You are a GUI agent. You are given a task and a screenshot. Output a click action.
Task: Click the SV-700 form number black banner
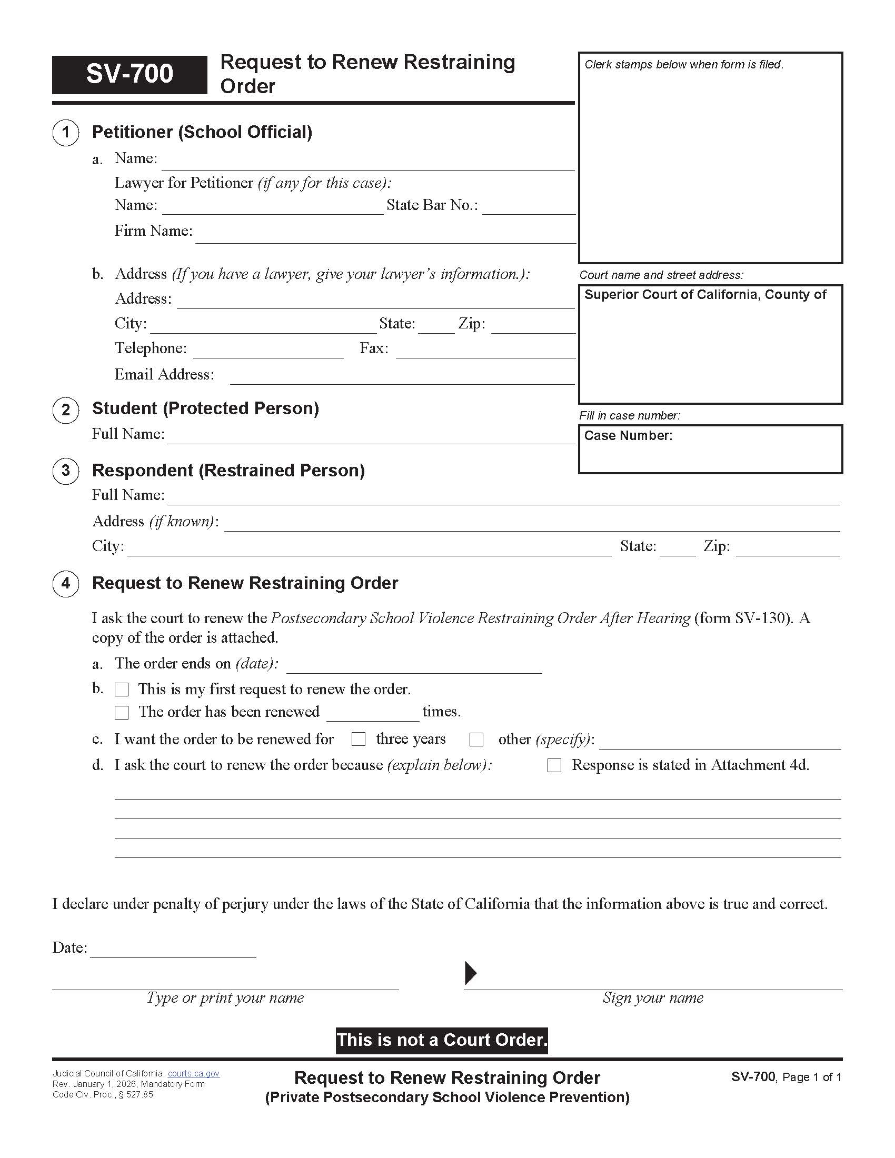pos(130,74)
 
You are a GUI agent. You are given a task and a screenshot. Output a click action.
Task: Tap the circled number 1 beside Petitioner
pos(66,132)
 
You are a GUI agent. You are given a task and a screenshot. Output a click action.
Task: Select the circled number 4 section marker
pos(66,584)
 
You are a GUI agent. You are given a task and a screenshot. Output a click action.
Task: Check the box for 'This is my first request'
pos(122,690)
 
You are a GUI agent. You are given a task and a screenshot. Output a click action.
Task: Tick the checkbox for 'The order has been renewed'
pos(122,713)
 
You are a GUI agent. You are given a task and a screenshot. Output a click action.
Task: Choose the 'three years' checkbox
pos(359,739)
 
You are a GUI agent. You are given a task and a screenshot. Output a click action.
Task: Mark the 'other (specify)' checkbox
pos(476,740)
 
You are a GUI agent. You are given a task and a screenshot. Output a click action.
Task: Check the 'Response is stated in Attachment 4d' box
pos(554,766)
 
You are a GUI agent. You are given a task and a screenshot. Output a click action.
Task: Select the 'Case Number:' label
pos(628,436)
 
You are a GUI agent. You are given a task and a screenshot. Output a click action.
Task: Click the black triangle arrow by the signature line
pos(470,973)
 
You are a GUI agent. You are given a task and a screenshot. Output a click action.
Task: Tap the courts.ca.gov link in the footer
pos(194,1074)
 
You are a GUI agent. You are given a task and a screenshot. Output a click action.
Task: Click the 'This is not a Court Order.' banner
pos(442,1040)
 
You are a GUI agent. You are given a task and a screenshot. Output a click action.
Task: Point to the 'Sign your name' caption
pos(653,998)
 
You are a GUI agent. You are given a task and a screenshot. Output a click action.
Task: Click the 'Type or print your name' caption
pos(225,998)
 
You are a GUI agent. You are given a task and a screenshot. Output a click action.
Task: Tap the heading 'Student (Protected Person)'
pos(205,408)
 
